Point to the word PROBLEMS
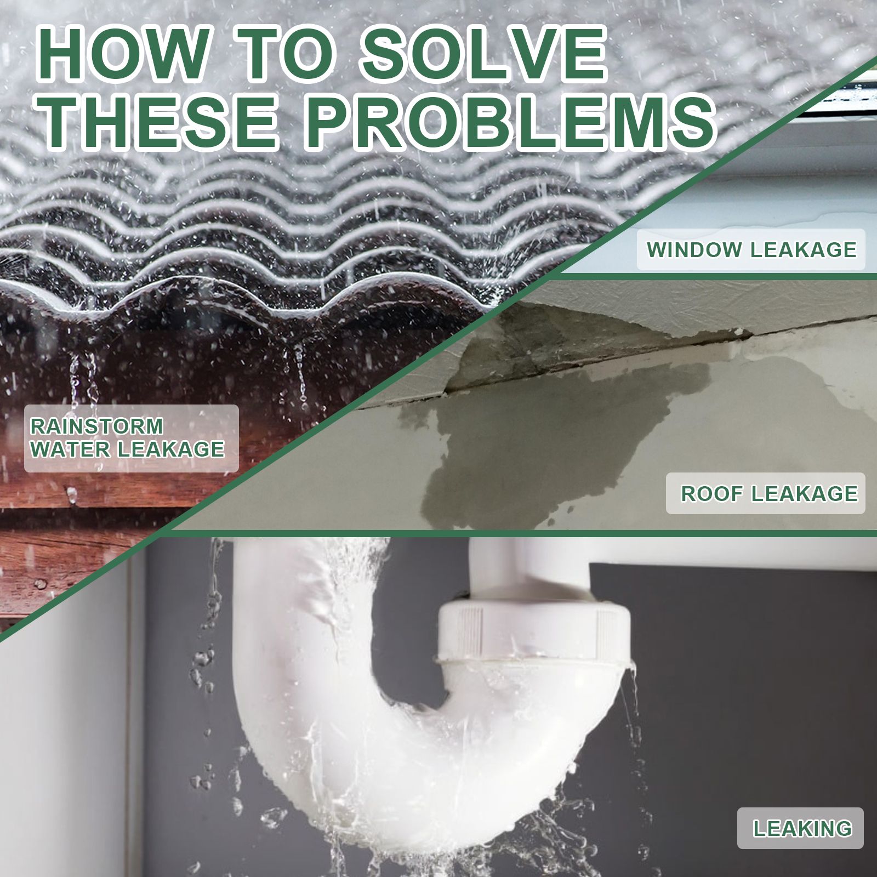510,122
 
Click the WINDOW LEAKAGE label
751,250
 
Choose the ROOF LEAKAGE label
766,493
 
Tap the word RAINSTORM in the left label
97,426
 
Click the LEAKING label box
800,828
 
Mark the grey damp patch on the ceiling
576,438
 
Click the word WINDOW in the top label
694,250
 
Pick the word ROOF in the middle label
712,493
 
